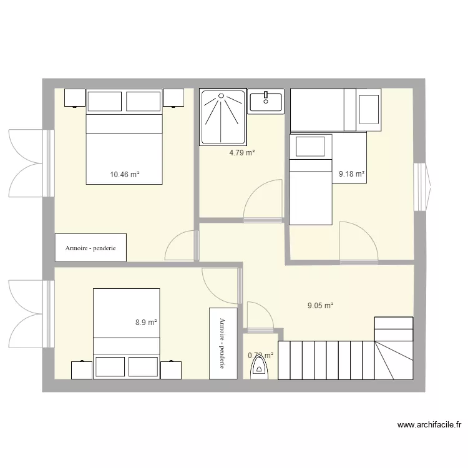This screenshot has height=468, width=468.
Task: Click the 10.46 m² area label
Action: click(124, 174)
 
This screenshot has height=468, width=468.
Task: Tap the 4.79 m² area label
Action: click(242, 152)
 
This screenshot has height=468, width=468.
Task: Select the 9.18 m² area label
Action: click(351, 174)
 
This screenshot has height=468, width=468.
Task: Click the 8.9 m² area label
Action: click(146, 323)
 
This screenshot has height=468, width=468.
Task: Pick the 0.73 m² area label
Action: click(260, 356)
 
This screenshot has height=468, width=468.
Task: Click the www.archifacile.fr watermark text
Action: click(429, 425)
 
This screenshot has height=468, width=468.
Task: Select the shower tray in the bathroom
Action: click(223, 117)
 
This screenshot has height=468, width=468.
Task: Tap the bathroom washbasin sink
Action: click(266, 100)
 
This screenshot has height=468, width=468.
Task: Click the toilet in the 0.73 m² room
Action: click(260, 371)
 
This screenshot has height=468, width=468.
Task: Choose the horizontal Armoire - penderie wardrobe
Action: click(90, 247)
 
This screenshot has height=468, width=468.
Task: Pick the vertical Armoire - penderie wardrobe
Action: click(223, 343)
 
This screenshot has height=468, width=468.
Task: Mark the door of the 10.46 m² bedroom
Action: click(181, 246)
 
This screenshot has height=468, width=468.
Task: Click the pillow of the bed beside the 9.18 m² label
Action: click(310, 147)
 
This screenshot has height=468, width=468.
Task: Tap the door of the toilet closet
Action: click(259, 316)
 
